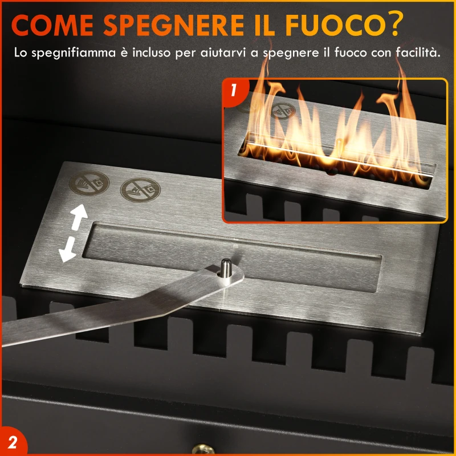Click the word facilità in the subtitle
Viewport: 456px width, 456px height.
[x=419, y=54]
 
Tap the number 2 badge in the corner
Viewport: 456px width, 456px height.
[x=13, y=443]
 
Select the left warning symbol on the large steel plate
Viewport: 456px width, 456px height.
[x=89, y=185]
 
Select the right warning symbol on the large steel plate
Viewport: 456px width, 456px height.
[x=140, y=189]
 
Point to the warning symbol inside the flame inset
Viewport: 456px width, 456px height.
[x=280, y=112]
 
